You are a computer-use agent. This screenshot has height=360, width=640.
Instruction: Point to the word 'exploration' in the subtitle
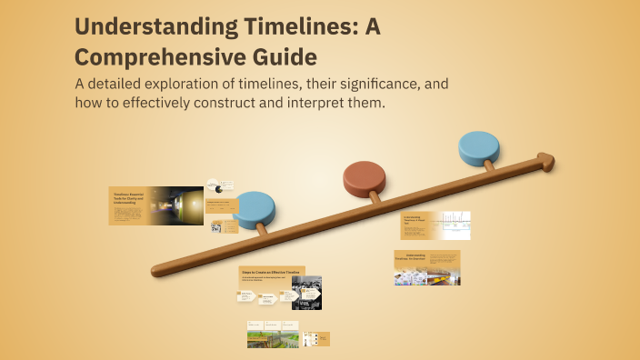(210, 85)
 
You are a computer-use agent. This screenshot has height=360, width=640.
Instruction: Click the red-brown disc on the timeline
(365, 179)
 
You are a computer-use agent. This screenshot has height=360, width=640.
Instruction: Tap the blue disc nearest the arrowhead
(479, 148)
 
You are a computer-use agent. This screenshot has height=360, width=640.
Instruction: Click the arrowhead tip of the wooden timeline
(552, 160)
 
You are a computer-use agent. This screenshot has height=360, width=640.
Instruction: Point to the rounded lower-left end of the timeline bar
(156, 270)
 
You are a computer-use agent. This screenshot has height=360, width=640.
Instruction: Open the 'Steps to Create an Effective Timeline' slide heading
(270, 273)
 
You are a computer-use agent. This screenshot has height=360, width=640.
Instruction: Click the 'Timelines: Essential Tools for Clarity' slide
(155, 205)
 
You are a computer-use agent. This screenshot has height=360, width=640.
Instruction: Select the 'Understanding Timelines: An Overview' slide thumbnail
(427, 267)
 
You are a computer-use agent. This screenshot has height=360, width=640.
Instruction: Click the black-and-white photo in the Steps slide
(306, 293)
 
